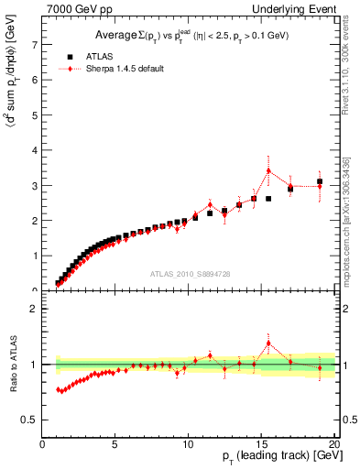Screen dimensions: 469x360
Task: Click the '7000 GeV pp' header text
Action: [x=78, y=8]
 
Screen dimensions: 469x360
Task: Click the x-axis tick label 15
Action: [x=261, y=446]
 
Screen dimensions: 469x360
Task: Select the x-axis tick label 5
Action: [x=115, y=446]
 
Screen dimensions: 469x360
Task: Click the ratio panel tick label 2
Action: [x=34, y=310]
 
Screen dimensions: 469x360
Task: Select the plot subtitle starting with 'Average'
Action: [x=188, y=35]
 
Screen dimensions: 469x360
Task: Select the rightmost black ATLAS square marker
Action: [x=320, y=181]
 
